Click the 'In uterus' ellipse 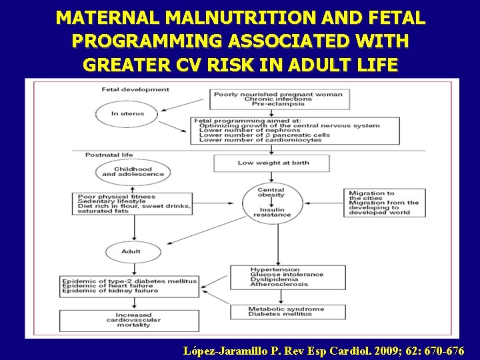[x=127, y=114]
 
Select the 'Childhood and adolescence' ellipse [x=133, y=172]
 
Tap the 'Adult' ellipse [x=131, y=252]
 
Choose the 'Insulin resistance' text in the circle [x=272, y=212]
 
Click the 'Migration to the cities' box [x=385, y=203]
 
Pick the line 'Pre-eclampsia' [x=278, y=104]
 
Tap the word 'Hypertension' [x=274, y=269]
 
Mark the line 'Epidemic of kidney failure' [x=111, y=291]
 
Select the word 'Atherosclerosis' [x=279, y=285]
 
